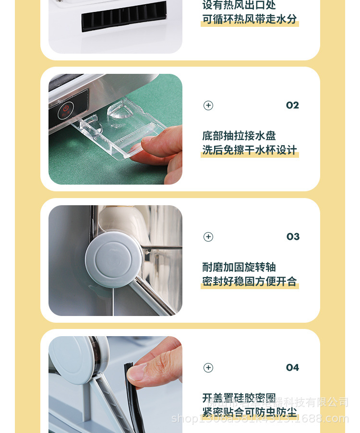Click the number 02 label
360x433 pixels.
click(x=292, y=105)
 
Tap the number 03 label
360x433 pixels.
click(x=293, y=237)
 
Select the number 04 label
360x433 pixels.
click(x=292, y=368)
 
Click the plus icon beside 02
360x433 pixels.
click(x=208, y=105)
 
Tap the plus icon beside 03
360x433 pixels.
click(x=208, y=237)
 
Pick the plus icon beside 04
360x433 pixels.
click(x=208, y=368)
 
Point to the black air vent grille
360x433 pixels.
click(x=124, y=16)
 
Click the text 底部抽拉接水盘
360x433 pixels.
click(x=239, y=136)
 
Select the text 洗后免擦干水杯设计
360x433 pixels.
click(x=250, y=150)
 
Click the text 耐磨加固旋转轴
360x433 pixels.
click(x=239, y=268)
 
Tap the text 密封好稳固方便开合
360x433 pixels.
click(x=250, y=281)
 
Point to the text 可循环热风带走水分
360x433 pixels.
click(x=250, y=19)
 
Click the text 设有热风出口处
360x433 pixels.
click(x=239, y=5)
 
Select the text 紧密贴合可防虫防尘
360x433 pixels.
click(x=250, y=412)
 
